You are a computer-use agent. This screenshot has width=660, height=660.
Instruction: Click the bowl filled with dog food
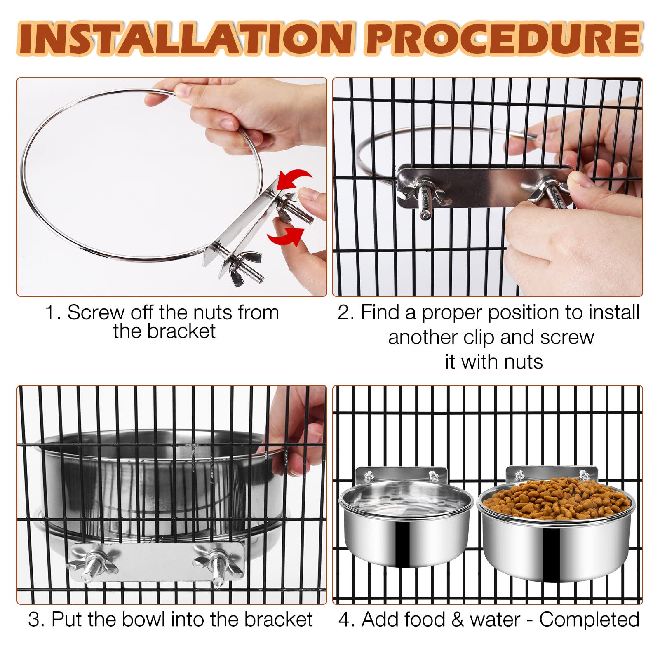[x=557, y=524]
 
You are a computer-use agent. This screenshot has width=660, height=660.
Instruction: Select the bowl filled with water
[x=406, y=517]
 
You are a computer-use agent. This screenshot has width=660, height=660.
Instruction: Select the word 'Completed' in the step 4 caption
[x=589, y=619]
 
